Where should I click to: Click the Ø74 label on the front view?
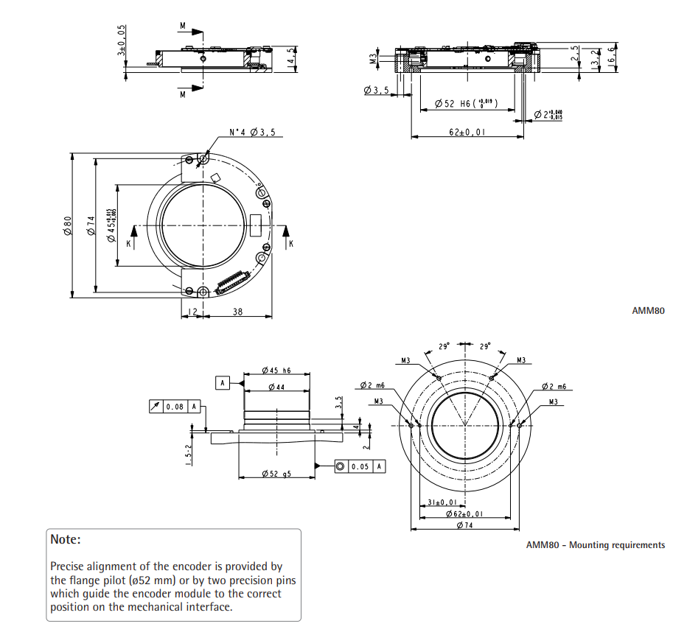tap(91, 225)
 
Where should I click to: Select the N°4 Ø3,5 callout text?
tap(252, 133)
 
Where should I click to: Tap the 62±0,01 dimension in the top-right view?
tap(466, 132)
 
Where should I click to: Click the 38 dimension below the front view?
tap(237, 312)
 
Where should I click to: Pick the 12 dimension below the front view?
tap(191, 312)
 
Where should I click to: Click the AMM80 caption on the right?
tap(648, 311)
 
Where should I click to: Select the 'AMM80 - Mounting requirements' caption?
tap(595, 545)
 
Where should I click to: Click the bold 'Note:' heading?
tap(66, 539)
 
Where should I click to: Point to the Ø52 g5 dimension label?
tap(276, 474)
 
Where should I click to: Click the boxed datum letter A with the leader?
tap(222, 382)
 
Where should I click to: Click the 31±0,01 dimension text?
tap(441, 502)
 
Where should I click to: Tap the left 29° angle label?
tap(444, 345)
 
